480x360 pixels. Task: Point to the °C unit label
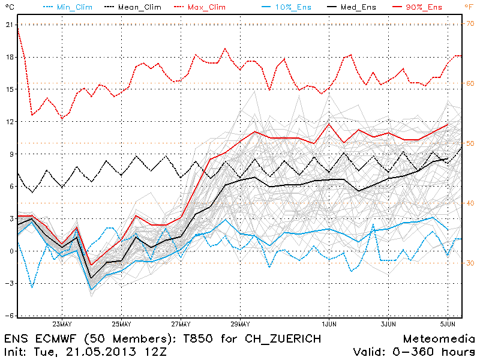click(8, 7)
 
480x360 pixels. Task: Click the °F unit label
click(469, 7)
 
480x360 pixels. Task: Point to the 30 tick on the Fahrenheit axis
click(471, 263)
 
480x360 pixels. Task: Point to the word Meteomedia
click(439, 339)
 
